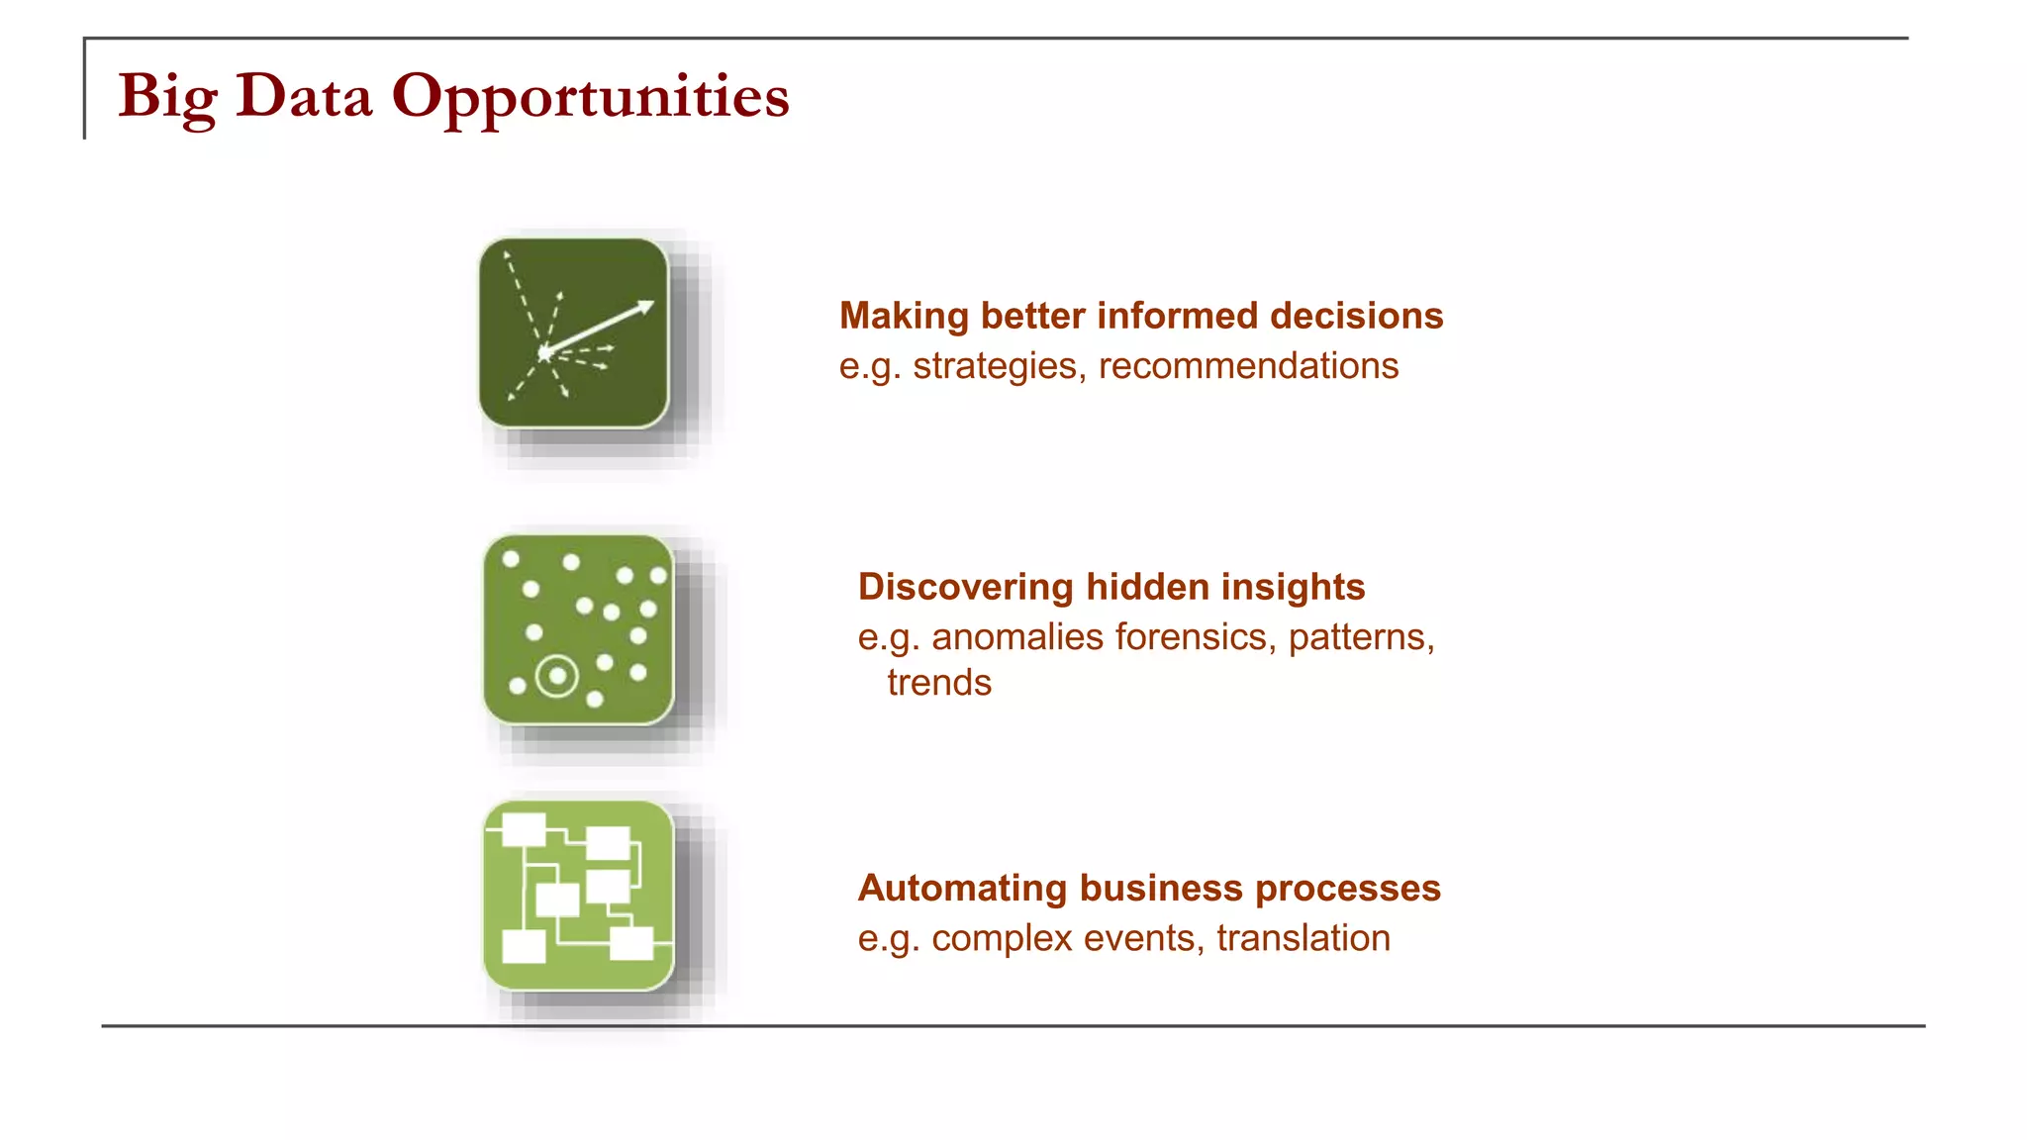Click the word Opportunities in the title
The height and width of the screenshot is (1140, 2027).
coord(590,97)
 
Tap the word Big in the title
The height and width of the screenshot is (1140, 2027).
coord(166,97)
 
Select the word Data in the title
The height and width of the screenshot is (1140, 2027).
coord(304,97)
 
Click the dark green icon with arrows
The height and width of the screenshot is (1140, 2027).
coord(573,332)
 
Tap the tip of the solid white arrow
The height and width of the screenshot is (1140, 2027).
coord(651,303)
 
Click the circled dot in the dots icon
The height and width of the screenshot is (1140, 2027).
coord(557,677)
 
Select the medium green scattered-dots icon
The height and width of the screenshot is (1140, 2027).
coord(578,629)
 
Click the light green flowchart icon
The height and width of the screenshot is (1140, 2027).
coord(578,895)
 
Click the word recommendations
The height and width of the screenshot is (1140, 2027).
coord(1248,366)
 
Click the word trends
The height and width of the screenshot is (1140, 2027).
coord(939,683)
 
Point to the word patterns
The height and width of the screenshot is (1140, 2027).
coord(1360,636)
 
